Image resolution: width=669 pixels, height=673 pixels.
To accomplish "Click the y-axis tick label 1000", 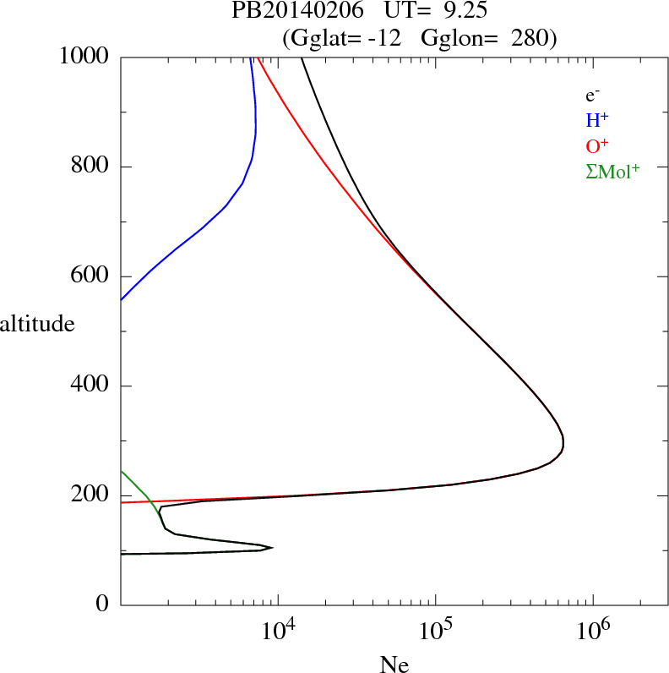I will coord(84,57).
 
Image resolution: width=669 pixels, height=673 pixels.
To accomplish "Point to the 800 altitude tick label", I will coord(91,167).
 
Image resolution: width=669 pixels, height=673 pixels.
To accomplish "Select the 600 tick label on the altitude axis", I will coord(91,276).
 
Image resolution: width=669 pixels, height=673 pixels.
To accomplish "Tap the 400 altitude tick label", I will coord(91,386).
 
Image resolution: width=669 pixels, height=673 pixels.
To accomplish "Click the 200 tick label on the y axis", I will coord(91,495).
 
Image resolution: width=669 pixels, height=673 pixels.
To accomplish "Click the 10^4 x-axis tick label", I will coord(276,631).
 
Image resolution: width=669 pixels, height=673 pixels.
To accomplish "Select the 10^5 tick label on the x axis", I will coord(434,631).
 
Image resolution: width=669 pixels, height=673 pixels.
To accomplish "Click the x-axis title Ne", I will coord(394,664).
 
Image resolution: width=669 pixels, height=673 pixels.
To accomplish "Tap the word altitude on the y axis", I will coord(37,324).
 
